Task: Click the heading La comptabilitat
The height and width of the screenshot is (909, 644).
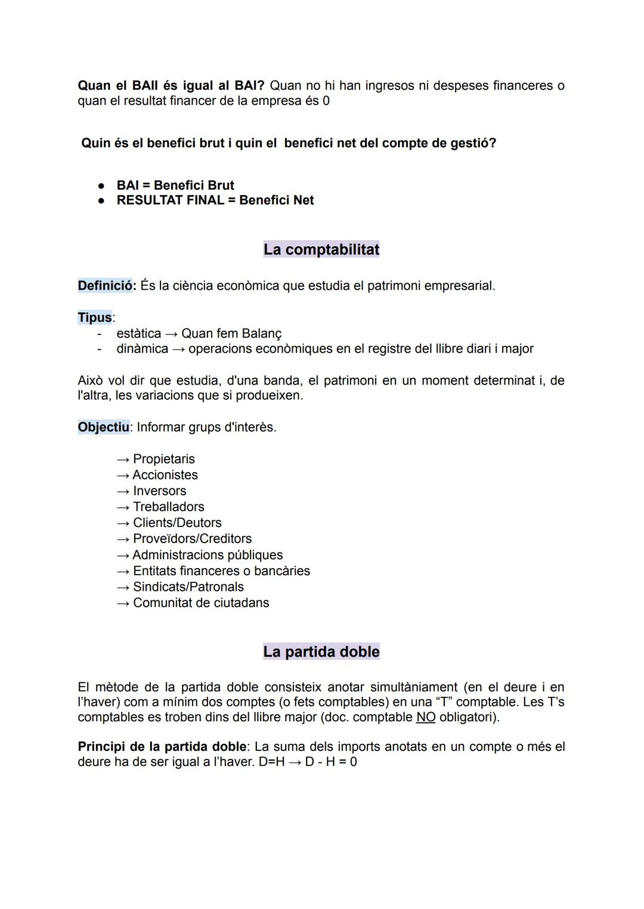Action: [x=321, y=249]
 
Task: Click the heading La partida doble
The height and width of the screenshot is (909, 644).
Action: [x=321, y=651]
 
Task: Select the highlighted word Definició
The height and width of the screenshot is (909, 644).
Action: [x=106, y=286]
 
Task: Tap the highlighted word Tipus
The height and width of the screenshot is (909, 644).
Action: [x=95, y=317]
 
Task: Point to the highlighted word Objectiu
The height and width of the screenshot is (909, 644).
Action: [x=103, y=427]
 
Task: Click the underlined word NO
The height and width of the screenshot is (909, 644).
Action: [x=426, y=717]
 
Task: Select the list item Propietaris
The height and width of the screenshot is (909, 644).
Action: [x=163, y=459]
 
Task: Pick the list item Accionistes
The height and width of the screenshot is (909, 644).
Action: [x=165, y=475]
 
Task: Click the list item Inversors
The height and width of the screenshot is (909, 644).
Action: [x=159, y=491]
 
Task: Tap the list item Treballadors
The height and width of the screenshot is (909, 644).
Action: [x=168, y=507]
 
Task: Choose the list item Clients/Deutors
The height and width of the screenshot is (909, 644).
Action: [x=177, y=523]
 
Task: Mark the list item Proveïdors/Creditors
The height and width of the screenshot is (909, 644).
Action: [x=192, y=539]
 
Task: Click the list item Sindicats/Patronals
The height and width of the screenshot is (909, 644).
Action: [x=188, y=587]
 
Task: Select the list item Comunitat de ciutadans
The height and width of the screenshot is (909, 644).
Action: [x=201, y=603]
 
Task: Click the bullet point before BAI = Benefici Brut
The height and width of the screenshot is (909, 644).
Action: [x=102, y=185]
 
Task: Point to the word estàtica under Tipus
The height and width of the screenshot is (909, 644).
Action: [x=138, y=333]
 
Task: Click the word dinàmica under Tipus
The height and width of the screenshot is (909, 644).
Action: [x=142, y=349]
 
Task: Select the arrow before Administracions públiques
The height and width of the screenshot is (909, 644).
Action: [x=123, y=556]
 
